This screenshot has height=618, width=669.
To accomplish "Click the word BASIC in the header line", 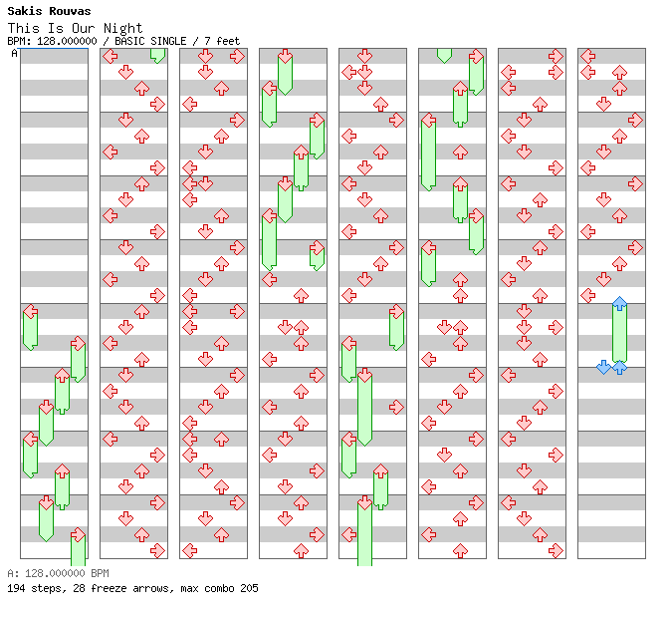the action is [129, 41].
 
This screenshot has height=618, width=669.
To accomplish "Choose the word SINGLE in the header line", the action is [168, 41].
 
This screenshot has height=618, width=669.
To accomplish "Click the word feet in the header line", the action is [228, 41].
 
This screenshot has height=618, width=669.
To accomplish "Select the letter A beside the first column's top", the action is [14, 54].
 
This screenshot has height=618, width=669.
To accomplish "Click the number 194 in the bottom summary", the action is [16, 588].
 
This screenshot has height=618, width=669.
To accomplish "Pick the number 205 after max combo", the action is [249, 588].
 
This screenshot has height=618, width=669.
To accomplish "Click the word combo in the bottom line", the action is [219, 588].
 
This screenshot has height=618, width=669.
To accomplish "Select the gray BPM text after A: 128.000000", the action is [100, 573].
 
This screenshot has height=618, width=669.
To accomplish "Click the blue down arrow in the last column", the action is [603, 367].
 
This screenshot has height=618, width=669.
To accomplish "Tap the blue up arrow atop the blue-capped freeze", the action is [619, 304].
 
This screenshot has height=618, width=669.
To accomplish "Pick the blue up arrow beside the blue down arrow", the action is [619, 367].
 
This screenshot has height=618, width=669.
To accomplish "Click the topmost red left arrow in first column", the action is [30, 311].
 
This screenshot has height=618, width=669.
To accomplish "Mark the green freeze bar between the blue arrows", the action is [619, 333].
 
